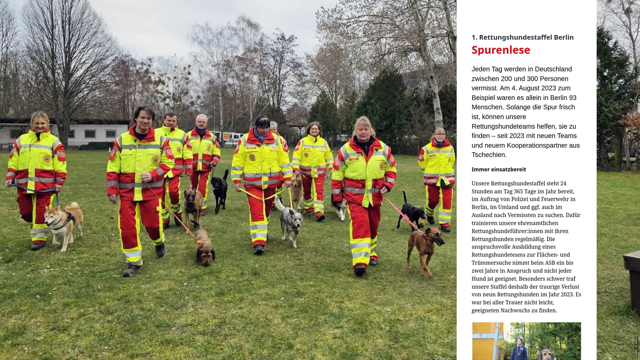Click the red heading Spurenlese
[501, 50]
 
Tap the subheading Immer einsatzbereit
[498, 169]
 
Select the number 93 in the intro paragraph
[572, 98]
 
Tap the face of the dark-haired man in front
[143, 119]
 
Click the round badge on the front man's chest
[155, 160]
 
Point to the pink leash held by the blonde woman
[400, 214]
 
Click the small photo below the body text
[526, 341]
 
